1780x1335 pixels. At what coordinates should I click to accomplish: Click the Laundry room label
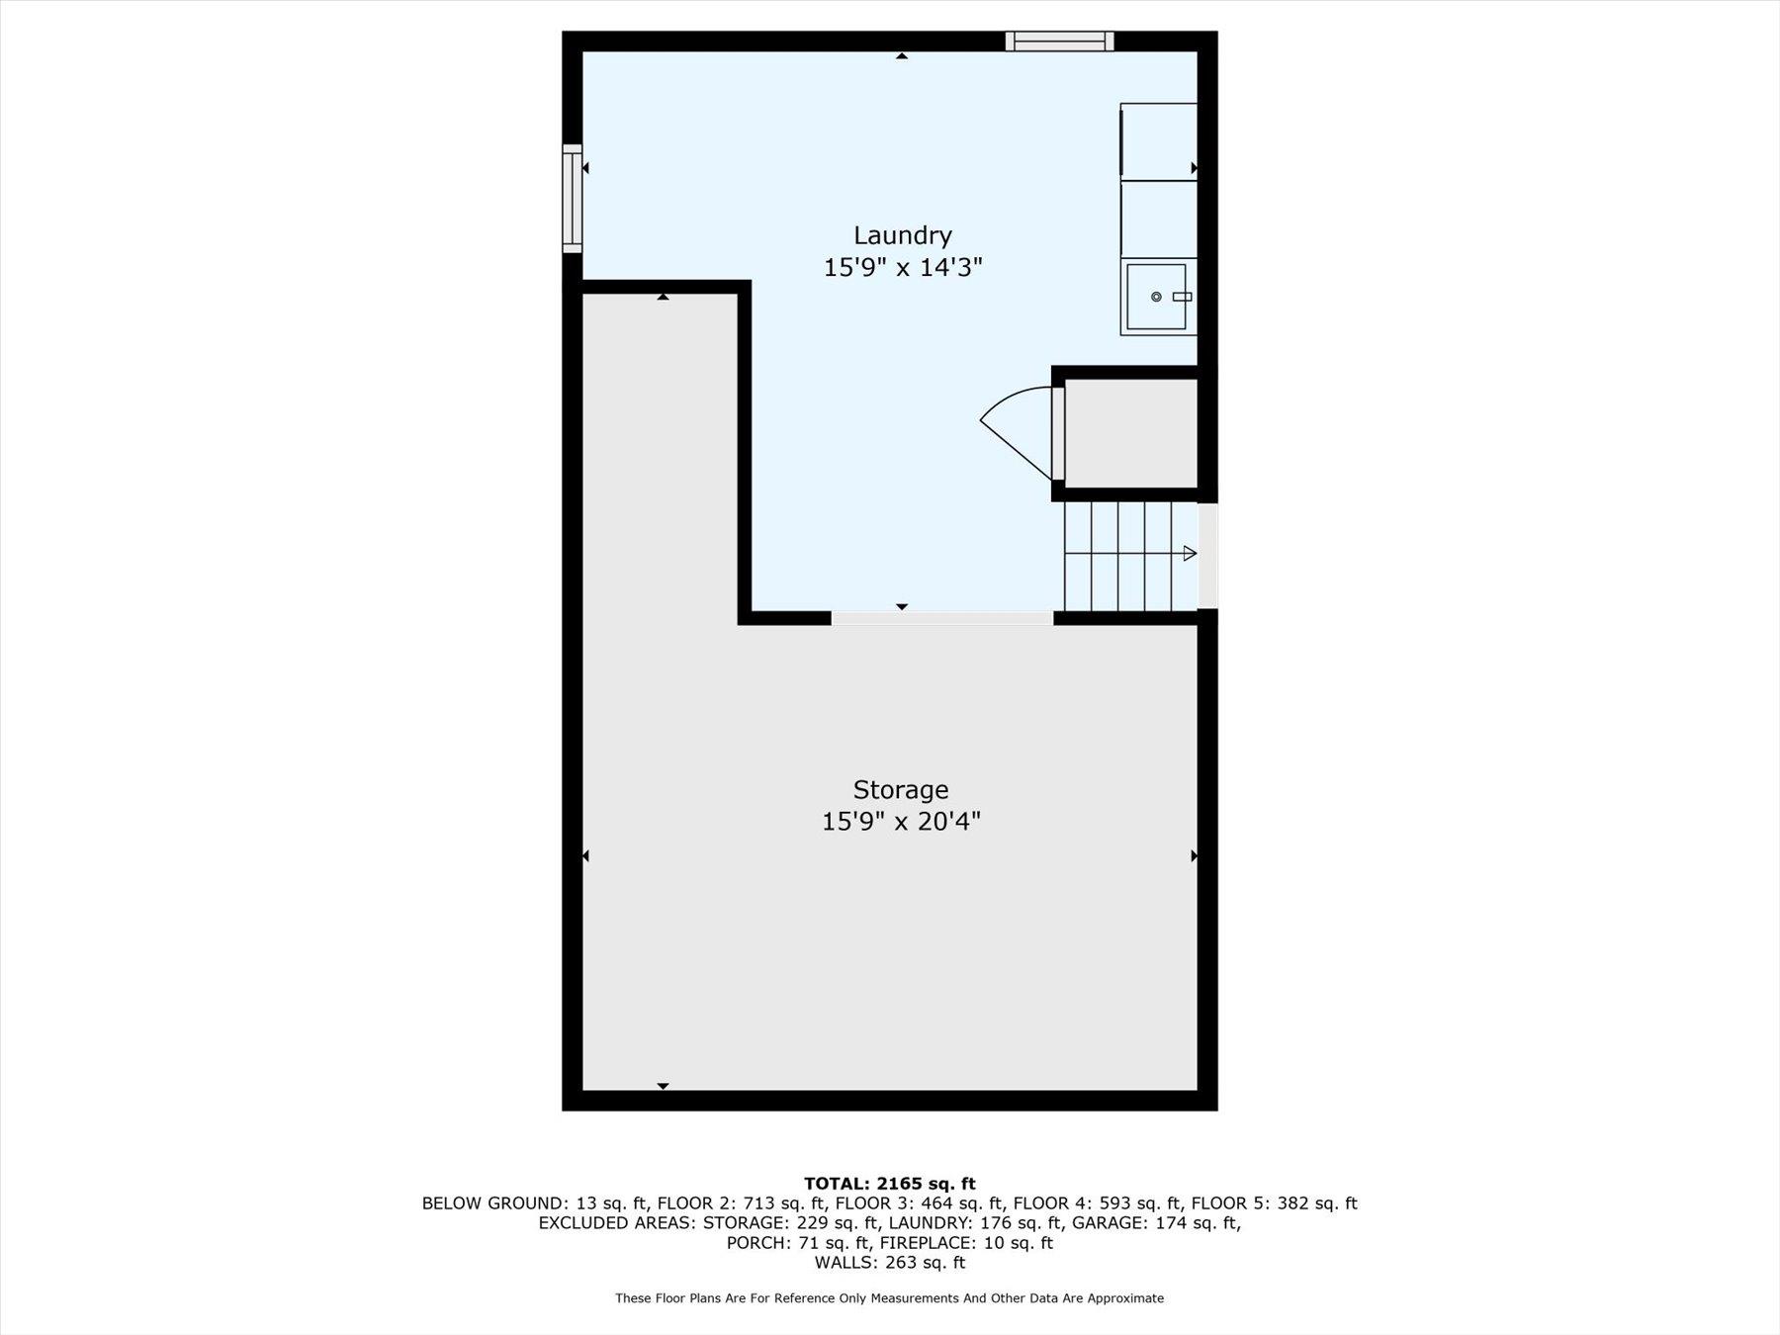click(x=902, y=235)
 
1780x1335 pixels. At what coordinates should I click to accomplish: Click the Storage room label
click(x=900, y=789)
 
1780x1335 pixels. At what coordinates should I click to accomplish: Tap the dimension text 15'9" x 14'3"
click(x=902, y=268)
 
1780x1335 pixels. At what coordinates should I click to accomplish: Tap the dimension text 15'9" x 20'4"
click(x=900, y=822)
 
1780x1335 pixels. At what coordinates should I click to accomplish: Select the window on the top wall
click(x=1059, y=41)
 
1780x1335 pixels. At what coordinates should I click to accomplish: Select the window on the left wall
click(x=572, y=198)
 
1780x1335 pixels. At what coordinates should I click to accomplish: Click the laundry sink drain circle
click(x=1156, y=297)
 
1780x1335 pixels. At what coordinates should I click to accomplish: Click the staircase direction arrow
click(x=1190, y=554)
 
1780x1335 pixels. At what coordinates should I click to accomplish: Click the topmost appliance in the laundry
click(x=1158, y=141)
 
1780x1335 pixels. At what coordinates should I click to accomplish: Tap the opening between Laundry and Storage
click(x=941, y=618)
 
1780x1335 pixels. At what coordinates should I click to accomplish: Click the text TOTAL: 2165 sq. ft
click(x=889, y=1184)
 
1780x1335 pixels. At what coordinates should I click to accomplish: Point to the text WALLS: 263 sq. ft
click(x=889, y=1263)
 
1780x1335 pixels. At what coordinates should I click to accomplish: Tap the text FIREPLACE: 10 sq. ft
click(x=966, y=1243)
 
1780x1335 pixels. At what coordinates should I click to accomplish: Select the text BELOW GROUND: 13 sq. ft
click(x=534, y=1203)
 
